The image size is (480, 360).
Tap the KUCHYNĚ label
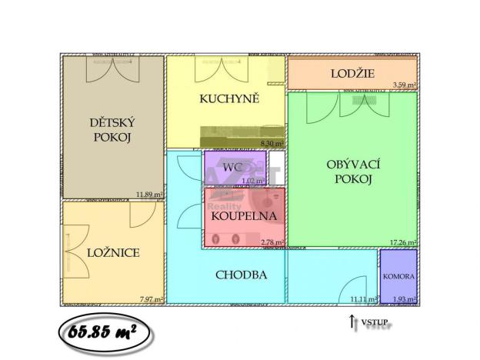click(x=228, y=98)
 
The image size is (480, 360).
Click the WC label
click(x=233, y=167)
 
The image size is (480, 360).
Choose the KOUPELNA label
click(x=243, y=215)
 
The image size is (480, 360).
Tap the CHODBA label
click(x=242, y=275)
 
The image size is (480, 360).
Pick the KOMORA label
click(x=398, y=276)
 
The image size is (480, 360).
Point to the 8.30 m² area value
click(x=272, y=143)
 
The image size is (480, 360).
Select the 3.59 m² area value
click(x=405, y=85)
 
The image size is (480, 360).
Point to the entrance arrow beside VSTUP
click(x=352, y=323)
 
